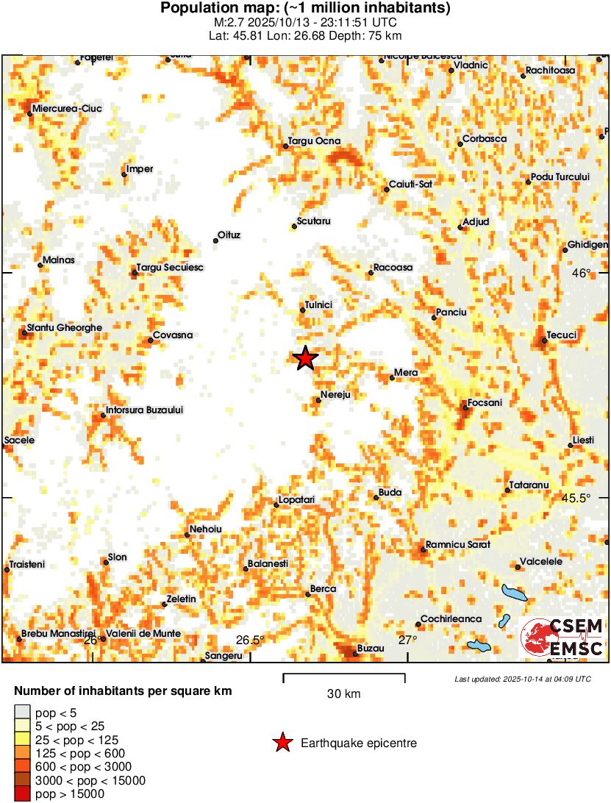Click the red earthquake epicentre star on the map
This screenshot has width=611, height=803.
click(305, 358)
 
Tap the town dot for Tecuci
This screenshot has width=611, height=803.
click(544, 340)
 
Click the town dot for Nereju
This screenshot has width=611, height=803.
click(318, 401)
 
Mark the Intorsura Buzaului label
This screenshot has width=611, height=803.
click(144, 410)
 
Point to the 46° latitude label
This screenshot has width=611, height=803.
click(582, 274)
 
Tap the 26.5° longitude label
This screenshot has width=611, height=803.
click(250, 640)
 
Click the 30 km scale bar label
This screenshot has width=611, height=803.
click(343, 693)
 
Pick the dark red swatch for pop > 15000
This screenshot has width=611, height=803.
click(23, 794)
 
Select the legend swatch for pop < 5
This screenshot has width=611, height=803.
click(23, 712)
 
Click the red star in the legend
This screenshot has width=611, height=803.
click(282, 743)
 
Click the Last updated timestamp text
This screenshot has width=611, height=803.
click(522, 678)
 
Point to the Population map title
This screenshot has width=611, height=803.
click(305, 9)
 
